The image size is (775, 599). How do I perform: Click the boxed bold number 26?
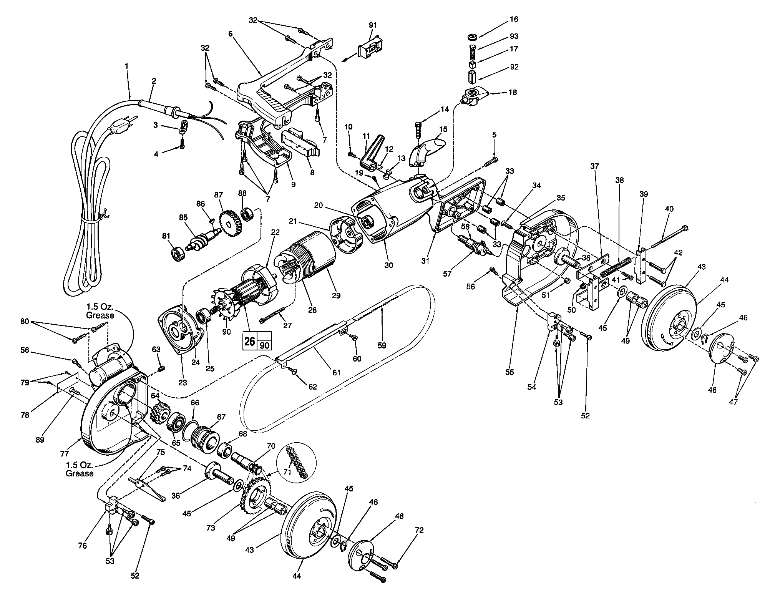250,341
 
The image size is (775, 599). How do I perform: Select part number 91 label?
373,25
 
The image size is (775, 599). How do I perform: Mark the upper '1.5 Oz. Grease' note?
101,312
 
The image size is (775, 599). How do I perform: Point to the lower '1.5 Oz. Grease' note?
80,470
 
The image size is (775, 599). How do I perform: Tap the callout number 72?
419,531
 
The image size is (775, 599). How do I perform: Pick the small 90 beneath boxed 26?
265,345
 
